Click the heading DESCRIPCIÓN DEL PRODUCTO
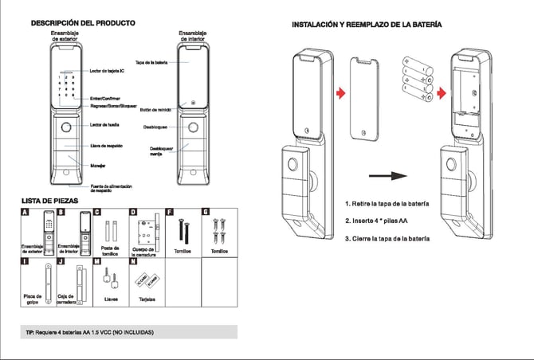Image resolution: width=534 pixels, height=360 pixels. tap(82, 23)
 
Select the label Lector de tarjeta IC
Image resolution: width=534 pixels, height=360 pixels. tap(107, 72)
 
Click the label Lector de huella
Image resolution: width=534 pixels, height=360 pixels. tap(104, 125)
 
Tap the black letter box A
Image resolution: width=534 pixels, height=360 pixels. tap(25, 213)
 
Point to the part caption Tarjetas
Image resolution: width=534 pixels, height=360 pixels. tap(147, 300)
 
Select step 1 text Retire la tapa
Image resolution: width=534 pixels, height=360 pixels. tap(388, 204)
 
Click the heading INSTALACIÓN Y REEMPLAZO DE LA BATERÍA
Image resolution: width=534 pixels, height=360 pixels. tap(367, 25)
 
